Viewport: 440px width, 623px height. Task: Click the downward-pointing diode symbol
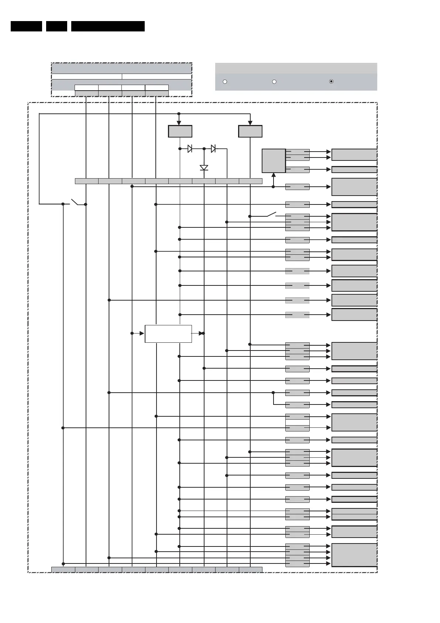click(204, 167)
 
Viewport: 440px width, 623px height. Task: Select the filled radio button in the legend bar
click(331, 81)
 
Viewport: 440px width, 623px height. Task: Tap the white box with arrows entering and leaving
click(168, 334)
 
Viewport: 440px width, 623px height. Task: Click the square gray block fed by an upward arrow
click(274, 161)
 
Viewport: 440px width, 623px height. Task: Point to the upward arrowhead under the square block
click(274, 175)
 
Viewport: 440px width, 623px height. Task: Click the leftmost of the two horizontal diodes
click(190, 149)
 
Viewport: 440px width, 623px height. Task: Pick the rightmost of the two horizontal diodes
click(213, 149)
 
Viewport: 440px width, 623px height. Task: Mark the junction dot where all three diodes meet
click(204, 149)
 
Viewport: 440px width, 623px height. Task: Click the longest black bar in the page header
click(108, 26)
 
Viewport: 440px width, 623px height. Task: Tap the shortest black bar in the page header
click(56, 26)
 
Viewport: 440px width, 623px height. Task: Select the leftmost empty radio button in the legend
click(225, 81)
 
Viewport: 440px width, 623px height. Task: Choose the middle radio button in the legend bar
click(274, 81)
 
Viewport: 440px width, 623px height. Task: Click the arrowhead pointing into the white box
click(141, 333)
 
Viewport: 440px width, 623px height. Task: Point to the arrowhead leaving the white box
click(200, 333)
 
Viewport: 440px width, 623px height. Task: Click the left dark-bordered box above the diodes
click(180, 131)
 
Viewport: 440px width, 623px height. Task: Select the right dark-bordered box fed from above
click(250, 131)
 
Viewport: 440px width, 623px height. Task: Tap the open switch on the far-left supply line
click(75, 202)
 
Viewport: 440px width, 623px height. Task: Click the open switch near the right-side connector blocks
click(271, 214)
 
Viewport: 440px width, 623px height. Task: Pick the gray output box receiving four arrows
click(354, 555)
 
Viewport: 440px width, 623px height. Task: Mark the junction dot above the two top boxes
click(179, 114)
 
